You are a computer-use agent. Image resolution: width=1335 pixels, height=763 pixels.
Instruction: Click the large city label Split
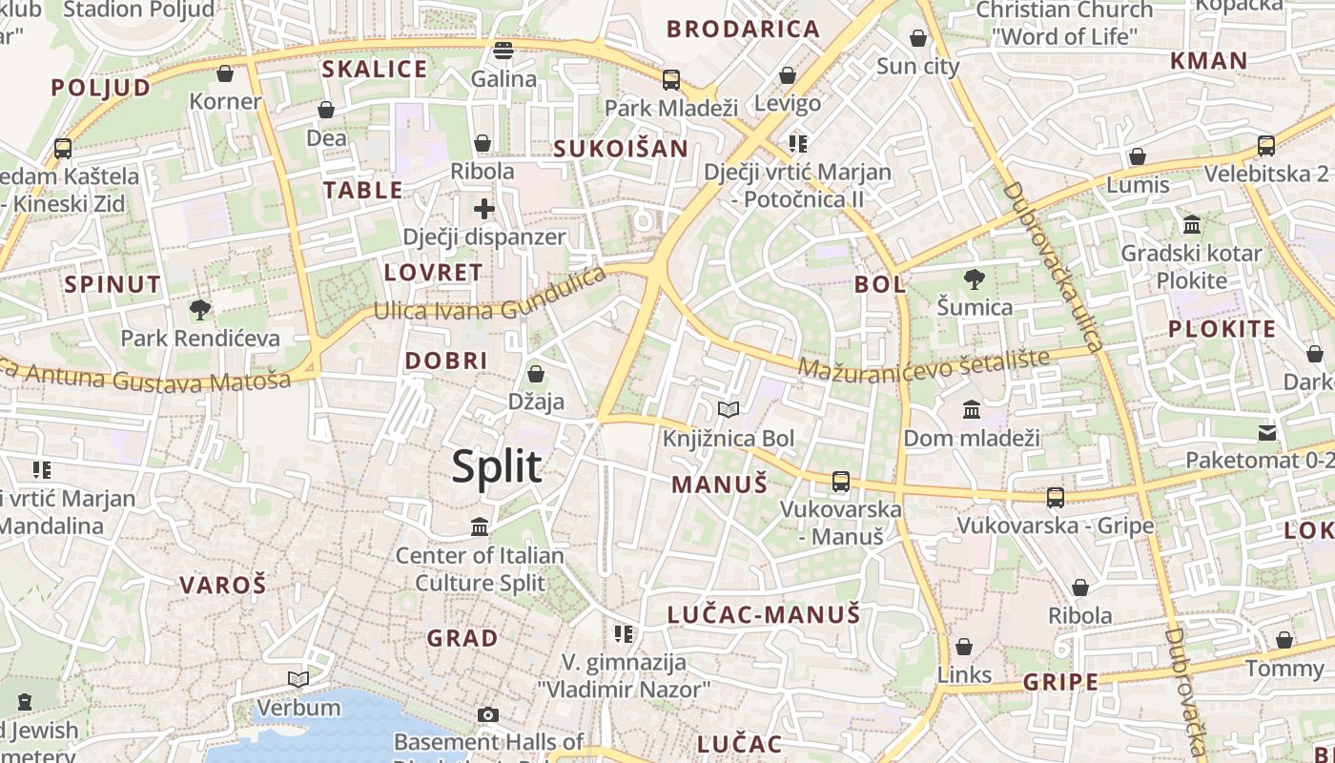click(497, 466)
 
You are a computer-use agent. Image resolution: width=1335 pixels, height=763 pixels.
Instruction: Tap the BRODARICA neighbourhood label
click(744, 29)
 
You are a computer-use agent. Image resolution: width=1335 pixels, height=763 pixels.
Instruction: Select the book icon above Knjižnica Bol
click(729, 409)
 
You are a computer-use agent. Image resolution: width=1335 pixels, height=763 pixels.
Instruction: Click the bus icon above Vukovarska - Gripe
click(1056, 497)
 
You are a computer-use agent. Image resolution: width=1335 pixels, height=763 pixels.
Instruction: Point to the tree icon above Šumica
click(974, 279)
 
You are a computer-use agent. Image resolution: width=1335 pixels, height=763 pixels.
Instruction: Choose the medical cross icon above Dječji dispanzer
click(484, 208)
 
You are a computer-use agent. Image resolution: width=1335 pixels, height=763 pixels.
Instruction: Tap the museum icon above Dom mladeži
click(972, 409)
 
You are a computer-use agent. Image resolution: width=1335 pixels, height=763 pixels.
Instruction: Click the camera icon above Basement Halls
click(488, 714)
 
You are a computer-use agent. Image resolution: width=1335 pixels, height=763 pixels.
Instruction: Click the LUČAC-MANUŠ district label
click(764, 614)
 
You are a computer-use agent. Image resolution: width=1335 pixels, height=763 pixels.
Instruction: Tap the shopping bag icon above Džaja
click(536, 373)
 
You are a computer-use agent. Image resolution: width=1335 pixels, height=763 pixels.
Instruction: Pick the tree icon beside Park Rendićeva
click(200, 309)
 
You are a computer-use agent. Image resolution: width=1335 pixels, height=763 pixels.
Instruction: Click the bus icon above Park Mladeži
click(671, 79)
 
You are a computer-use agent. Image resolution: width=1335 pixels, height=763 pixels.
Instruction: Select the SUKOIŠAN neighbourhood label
click(621, 148)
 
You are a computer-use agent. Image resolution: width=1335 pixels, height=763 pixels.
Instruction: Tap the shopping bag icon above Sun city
click(918, 38)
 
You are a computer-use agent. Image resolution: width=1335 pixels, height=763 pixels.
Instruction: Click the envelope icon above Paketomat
click(1267, 433)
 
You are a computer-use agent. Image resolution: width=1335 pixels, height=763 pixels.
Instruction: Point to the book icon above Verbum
click(298, 679)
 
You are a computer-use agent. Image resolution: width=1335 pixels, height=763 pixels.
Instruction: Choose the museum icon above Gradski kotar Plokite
click(1192, 225)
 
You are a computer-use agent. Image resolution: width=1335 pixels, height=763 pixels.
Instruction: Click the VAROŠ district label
click(223, 585)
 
